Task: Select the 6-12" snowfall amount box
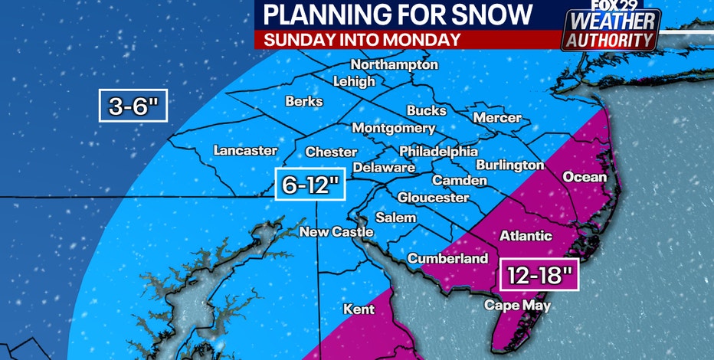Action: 310,184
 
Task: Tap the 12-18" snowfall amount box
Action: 539,275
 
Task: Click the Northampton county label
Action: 394,65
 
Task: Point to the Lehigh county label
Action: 354,81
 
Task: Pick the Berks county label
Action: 304,101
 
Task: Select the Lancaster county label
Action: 245,150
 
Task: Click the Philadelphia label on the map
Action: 438,152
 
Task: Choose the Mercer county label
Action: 497,118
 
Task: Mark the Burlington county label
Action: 509,165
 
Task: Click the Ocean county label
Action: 585,177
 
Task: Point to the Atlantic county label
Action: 526,236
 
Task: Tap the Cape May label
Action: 517,305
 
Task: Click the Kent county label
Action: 359,309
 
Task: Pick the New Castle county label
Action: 336,231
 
